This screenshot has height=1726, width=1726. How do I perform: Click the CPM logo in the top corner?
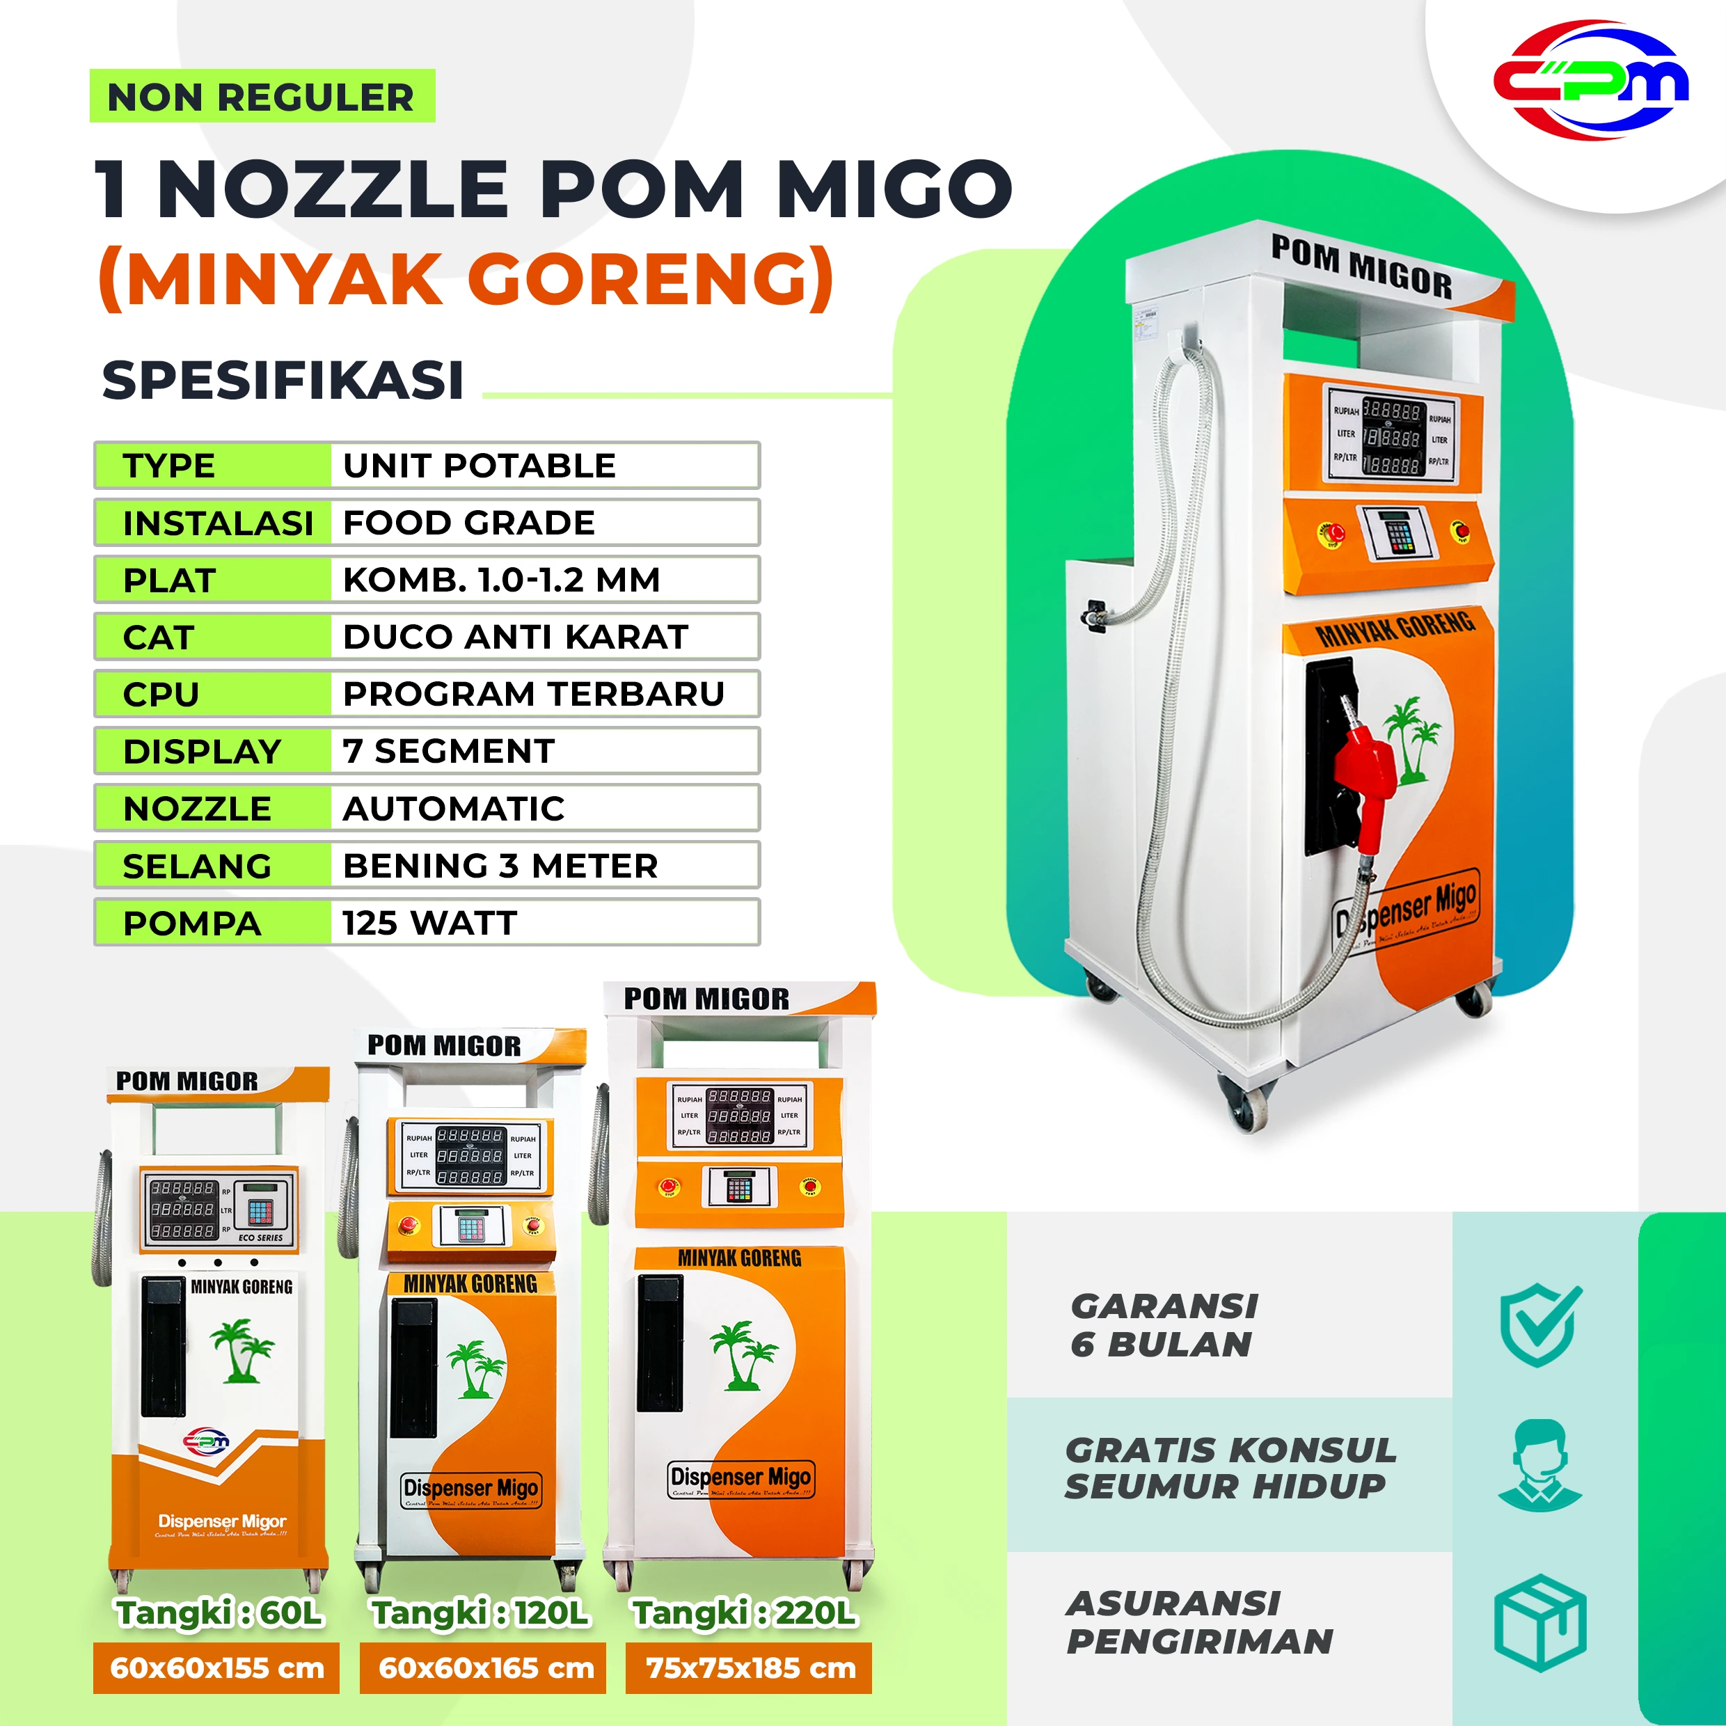pyautogui.click(x=1590, y=81)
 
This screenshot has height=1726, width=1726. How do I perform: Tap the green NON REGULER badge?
pyautogui.click(x=261, y=97)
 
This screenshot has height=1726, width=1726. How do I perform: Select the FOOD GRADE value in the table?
pyautogui.click(x=469, y=523)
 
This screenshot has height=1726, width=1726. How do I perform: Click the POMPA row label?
pyautogui.click(x=193, y=923)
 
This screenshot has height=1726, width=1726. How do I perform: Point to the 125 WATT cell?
pyautogui.click(x=431, y=923)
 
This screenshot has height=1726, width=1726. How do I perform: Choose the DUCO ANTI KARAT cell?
pyautogui.click(x=516, y=637)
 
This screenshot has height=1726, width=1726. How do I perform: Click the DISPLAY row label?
pyautogui.click(x=203, y=752)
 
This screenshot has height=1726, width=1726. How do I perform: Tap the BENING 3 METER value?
pyautogui.click(x=500, y=866)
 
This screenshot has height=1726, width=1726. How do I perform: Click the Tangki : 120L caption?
pyautogui.click(x=481, y=1613)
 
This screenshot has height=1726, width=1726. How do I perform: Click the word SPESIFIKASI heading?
pyautogui.click(x=283, y=381)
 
